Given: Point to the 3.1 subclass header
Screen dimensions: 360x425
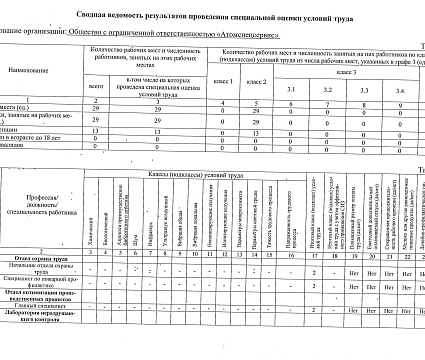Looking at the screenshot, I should click(291, 90).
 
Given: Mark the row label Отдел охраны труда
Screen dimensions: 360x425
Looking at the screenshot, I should click(41, 258).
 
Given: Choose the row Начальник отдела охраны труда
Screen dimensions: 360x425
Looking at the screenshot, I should click(41, 269).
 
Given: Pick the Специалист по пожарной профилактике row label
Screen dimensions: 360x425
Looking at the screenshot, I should click(41, 285).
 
